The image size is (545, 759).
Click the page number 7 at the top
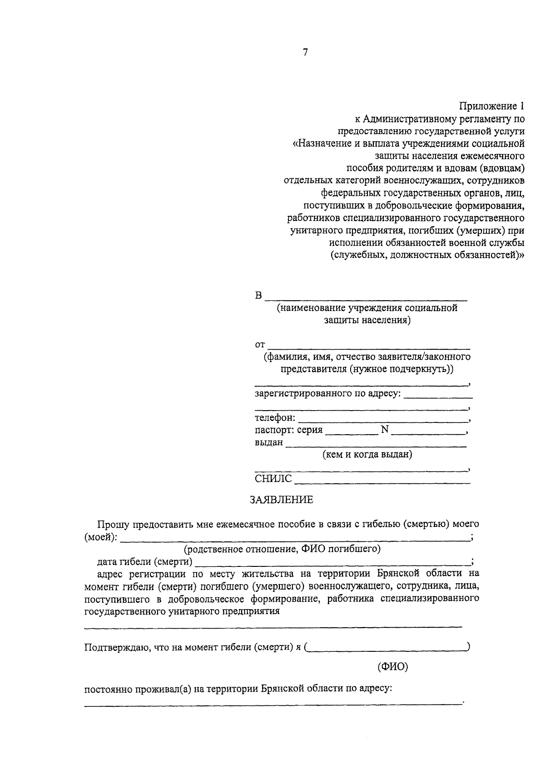click(305, 53)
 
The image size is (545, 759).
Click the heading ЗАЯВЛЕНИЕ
click(282, 500)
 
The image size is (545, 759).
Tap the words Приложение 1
click(491, 107)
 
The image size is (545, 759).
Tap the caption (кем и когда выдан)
click(367, 454)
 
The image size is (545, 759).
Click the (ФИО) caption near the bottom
click(393, 667)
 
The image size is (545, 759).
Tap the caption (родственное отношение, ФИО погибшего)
click(282, 549)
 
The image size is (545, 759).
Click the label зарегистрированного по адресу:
click(327, 393)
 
